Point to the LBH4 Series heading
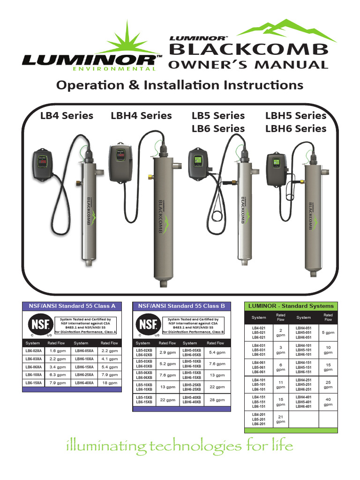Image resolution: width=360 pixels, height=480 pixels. click(x=141, y=116)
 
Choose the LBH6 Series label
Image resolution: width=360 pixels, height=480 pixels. click(x=296, y=128)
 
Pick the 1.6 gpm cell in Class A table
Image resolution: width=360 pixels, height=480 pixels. click(x=57, y=351)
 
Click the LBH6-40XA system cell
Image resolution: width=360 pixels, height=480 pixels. click(x=84, y=383)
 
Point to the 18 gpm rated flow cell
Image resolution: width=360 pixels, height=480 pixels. click(x=110, y=383)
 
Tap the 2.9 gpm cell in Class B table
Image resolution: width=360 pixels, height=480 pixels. click(x=167, y=352)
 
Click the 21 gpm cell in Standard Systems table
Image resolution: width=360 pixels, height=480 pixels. click(x=280, y=419)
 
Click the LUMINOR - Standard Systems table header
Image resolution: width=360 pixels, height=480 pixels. click(x=291, y=306)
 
